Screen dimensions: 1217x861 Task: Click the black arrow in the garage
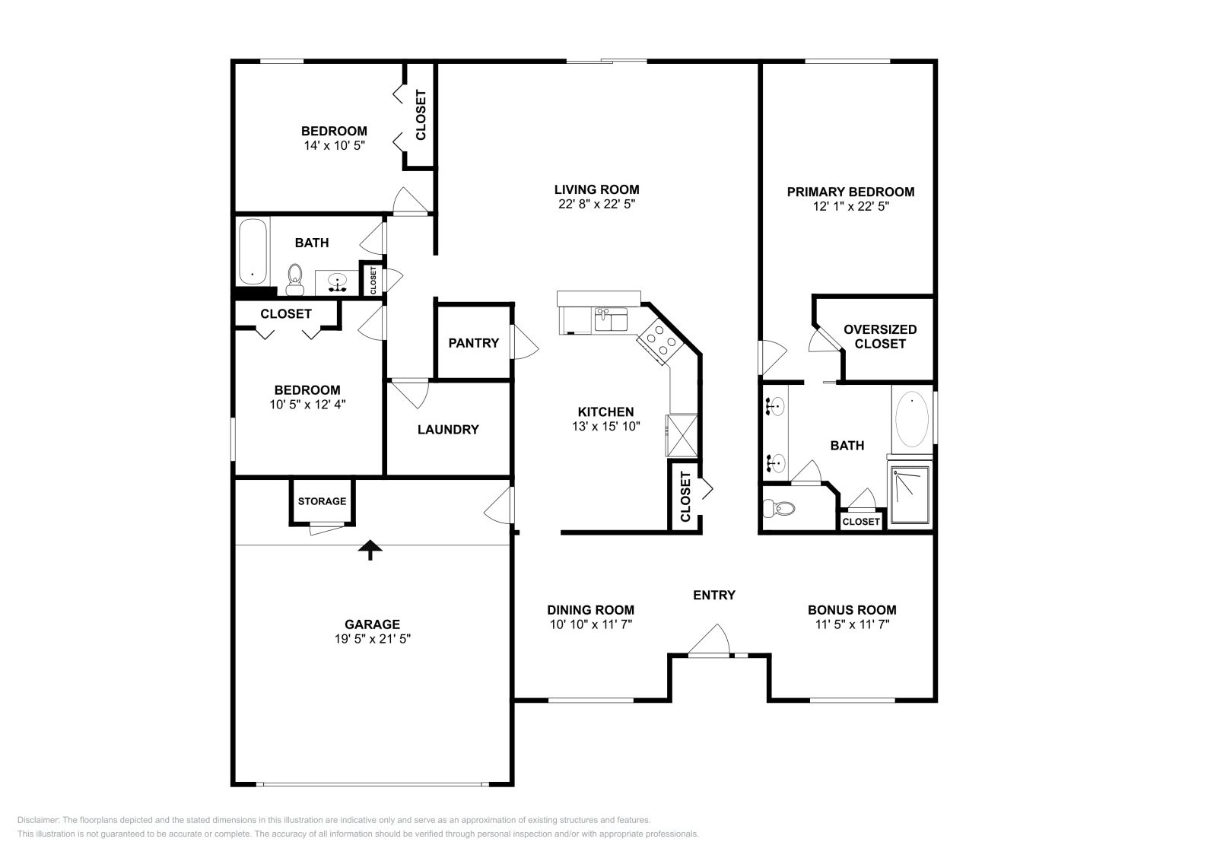click(x=370, y=549)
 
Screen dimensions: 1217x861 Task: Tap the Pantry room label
click(x=473, y=343)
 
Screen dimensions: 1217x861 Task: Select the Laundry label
click(x=448, y=430)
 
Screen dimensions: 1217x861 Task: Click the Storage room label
click(x=322, y=500)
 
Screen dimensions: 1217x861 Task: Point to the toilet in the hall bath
click(x=295, y=280)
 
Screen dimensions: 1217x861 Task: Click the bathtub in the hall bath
click(x=253, y=251)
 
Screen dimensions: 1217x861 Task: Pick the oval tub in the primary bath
click(x=912, y=420)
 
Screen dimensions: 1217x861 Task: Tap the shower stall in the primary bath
click(x=910, y=495)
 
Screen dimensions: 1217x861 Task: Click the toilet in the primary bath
click(x=779, y=509)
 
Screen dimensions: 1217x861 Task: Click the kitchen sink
click(x=611, y=319)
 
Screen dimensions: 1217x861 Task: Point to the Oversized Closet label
click(x=879, y=336)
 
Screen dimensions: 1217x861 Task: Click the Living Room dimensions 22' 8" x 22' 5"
click(x=596, y=205)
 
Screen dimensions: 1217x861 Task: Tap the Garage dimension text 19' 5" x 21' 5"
click(x=372, y=639)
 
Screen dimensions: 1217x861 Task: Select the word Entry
click(x=714, y=595)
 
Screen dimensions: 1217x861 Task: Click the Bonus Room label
click(x=852, y=610)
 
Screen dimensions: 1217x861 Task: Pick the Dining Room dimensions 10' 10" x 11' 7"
click(x=590, y=624)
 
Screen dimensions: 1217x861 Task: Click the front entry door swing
click(x=709, y=640)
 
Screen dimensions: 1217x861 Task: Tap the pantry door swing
click(x=524, y=342)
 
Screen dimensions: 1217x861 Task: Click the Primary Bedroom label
click(x=850, y=192)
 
